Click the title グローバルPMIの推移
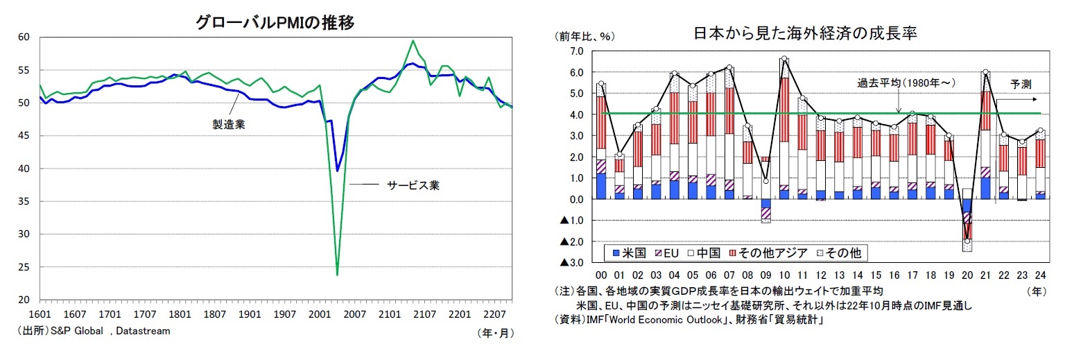pyautogui.click(x=275, y=23)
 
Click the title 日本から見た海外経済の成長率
pyautogui.click(x=805, y=34)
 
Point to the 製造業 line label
pyautogui.click(x=228, y=124)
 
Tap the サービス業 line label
pyautogui.click(x=413, y=185)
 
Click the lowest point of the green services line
pyautogui.click(x=337, y=275)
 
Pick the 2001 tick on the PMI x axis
pyautogui.click(x=319, y=314)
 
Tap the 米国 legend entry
pyautogui.click(x=627, y=253)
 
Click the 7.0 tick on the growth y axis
pyautogui.click(x=575, y=51)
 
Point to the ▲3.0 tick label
pyautogui.click(x=571, y=263)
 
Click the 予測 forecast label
pyautogui.click(x=1021, y=84)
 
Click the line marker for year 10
pyautogui.click(x=783, y=59)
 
